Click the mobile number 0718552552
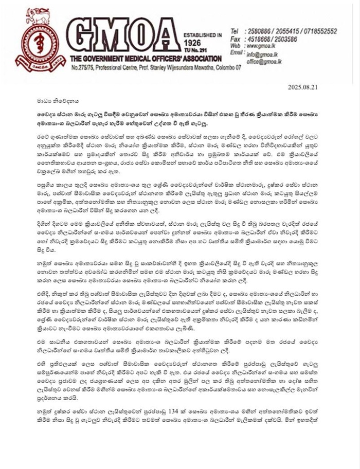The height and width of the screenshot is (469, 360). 319,31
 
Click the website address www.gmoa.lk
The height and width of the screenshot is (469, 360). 265,45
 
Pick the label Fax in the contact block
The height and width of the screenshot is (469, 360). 236,38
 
